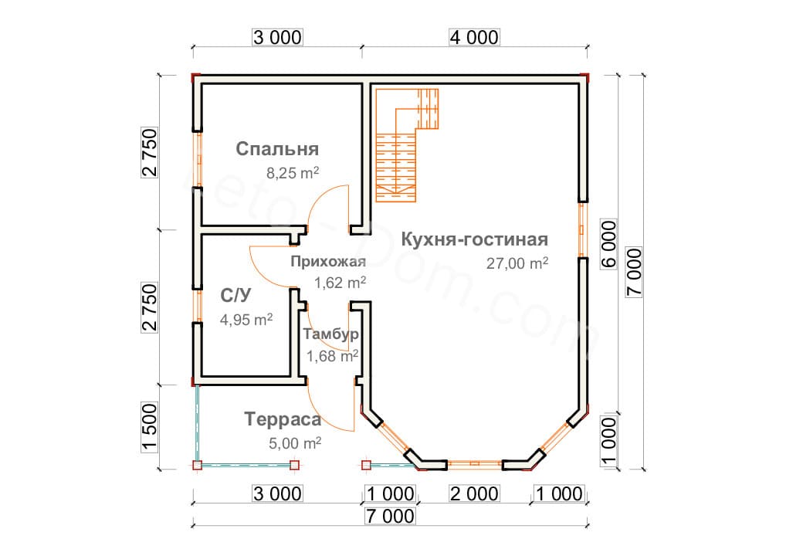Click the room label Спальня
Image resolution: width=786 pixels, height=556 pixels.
pos(277,149)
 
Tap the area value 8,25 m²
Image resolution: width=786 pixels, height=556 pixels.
pos(293,173)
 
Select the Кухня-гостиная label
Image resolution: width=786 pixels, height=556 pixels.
pos(474,239)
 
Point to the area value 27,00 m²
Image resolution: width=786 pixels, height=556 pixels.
pos(517,263)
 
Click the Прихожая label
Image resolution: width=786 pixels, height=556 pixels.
pos(328,261)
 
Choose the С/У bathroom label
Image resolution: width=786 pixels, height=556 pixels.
pos(235,295)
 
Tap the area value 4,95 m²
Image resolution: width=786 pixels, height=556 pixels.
pos(246,319)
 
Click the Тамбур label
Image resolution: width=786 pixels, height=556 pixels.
pos(330,334)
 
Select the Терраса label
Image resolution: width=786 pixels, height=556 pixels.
pos(283,419)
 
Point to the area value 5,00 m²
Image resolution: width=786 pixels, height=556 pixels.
pos(295,443)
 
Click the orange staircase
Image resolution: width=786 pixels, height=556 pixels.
pos(407,145)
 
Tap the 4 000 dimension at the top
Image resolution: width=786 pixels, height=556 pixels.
pos(474,37)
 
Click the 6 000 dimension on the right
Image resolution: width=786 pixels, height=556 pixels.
pos(609,244)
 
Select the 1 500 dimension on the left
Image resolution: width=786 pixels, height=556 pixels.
pos(150,426)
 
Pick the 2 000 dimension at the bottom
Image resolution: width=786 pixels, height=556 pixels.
pos(474,493)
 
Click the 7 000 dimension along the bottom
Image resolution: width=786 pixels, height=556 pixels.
pos(390,516)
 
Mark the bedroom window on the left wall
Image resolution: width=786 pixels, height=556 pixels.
pos(198,159)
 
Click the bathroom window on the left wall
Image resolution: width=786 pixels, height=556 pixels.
pos(198,306)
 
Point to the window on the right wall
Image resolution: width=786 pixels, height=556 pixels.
pos(582,229)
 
